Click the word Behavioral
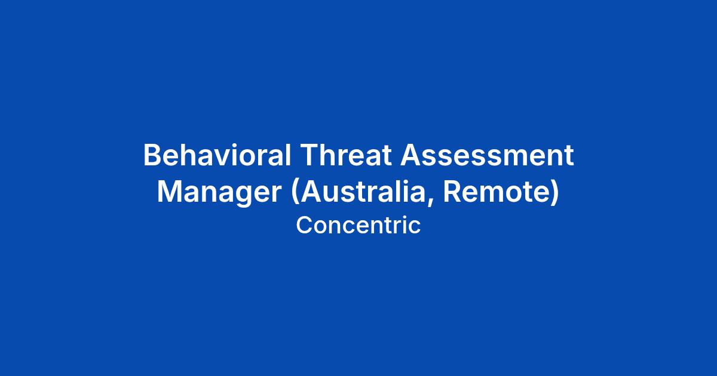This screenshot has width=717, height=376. click(x=217, y=155)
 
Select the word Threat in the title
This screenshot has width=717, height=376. click(x=346, y=155)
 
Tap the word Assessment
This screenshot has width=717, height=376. click(x=487, y=155)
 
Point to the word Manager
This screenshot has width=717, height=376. click(x=219, y=192)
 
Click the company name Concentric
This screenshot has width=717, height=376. click(x=358, y=225)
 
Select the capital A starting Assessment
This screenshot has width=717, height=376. click(x=411, y=155)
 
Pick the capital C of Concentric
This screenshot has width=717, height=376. click(x=305, y=225)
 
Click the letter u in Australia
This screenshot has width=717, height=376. click(x=331, y=195)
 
